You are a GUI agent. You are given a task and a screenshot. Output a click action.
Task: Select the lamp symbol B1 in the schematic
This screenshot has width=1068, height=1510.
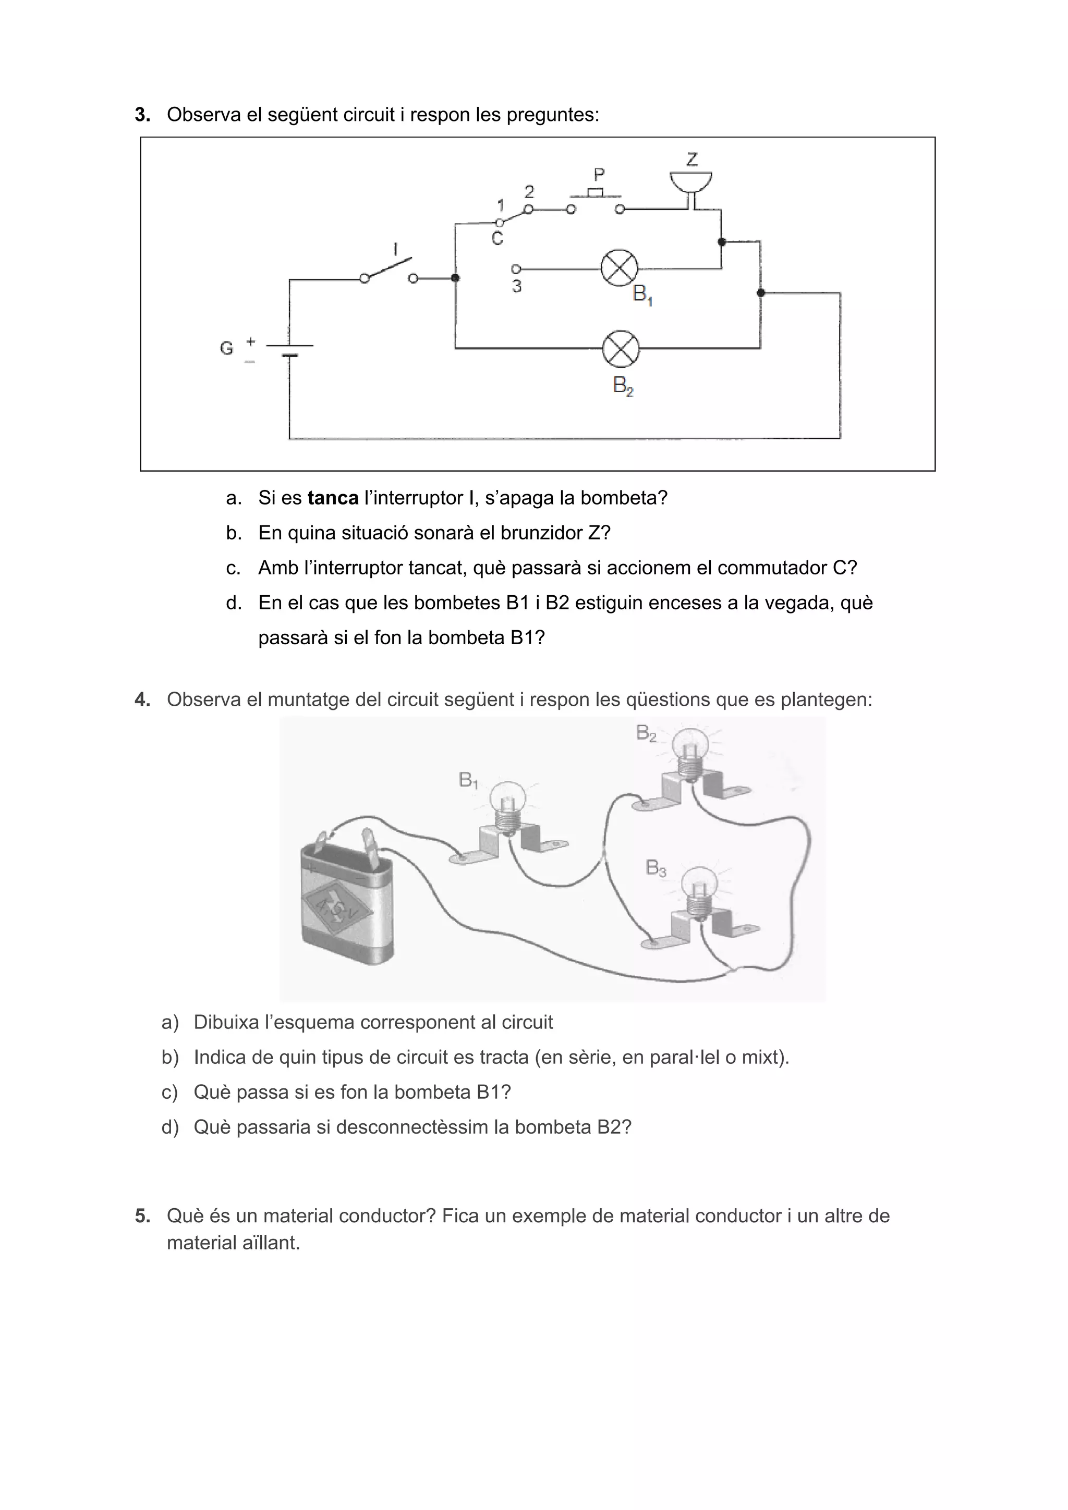click(x=619, y=268)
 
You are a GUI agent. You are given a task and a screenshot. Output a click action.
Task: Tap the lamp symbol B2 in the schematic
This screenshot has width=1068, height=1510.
click(x=621, y=349)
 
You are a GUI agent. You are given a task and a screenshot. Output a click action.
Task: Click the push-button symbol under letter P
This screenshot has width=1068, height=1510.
click(x=596, y=194)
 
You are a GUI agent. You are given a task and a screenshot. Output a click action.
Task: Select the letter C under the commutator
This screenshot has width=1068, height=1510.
click(x=497, y=238)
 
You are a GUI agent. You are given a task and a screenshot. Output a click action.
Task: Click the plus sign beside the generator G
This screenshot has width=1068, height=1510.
click(x=251, y=342)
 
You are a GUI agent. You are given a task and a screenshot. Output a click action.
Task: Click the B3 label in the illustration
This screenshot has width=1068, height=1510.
click(x=656, y=868)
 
